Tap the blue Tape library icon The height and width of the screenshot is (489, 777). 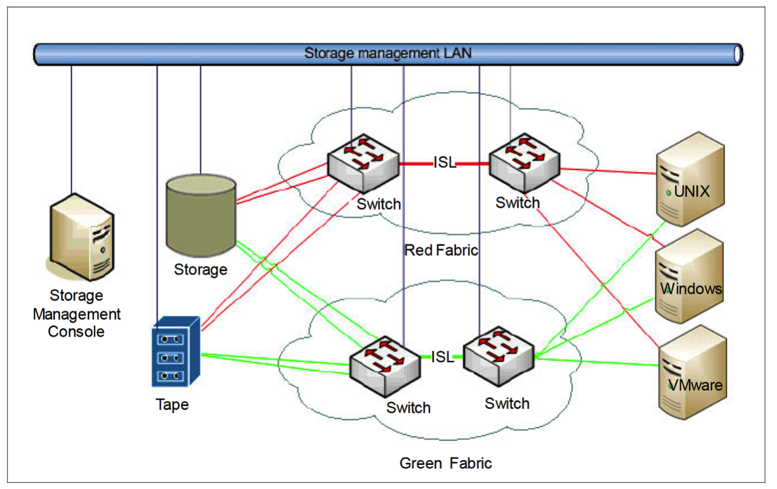tap(175, 352)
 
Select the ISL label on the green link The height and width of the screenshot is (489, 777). tap(442, 357)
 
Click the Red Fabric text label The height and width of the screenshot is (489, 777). tap(441, 250)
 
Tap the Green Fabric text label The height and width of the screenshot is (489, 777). tap(445, 463)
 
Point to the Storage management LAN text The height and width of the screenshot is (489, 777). tap(387, 54)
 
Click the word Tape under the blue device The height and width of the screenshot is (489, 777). tap(172, 405)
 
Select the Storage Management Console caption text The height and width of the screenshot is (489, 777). tap(77, 313)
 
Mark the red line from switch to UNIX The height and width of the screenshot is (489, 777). tap(607, 171)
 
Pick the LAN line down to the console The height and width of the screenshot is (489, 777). tap(72, 126)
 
